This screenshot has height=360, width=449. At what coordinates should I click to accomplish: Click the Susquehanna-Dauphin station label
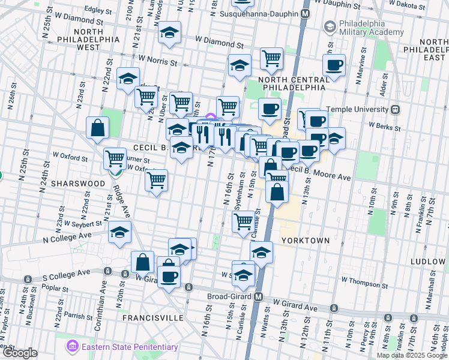click(x=259, y=13)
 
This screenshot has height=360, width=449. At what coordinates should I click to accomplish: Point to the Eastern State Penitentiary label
click(x=130, y=347)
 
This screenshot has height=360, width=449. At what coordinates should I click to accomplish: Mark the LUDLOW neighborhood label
click(x=429, y=262)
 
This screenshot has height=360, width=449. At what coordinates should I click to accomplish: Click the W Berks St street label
click(x=384, y=126)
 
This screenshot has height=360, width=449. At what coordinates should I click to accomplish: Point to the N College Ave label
click(x=66, y=236)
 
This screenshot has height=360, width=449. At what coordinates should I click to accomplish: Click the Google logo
click(x=20, y=353)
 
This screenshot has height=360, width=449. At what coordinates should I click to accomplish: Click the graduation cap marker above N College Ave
click(x=120, y=232)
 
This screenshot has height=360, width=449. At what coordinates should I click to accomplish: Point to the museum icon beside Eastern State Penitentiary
click(x=73, y=347)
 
